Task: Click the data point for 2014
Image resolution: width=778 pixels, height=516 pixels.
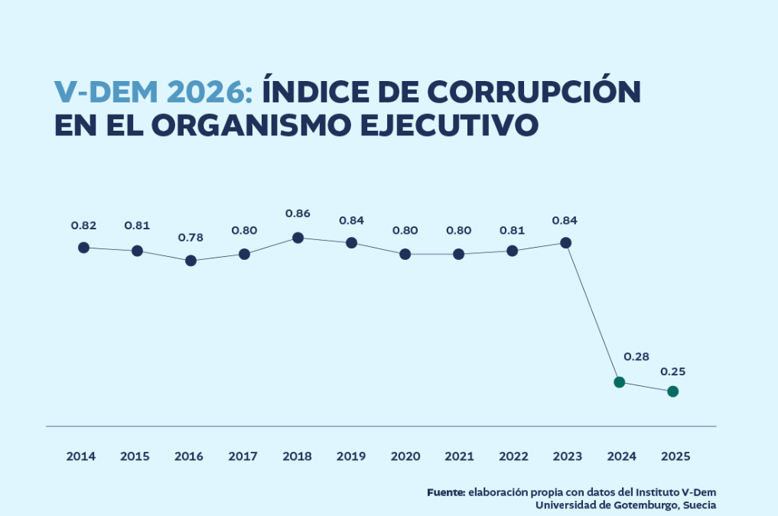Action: (x=83, y=248)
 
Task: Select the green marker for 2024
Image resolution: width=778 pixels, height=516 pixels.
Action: (x=620, y=382)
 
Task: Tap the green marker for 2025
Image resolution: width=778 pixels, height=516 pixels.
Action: (x=672, y=391)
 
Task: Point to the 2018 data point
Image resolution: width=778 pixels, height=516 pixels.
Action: (x=298, y=238)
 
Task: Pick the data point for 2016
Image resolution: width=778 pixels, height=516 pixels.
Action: (x=190, y=261)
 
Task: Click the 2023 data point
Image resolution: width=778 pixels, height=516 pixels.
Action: (x=565, y=243)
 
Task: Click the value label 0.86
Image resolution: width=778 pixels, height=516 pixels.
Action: (x=298, y=214)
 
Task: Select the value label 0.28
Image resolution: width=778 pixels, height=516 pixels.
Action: (x=636, y=357)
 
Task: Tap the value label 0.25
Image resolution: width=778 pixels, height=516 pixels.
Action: (x=672, y=372)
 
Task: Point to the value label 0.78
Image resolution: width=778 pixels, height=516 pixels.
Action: (x=190, y=238)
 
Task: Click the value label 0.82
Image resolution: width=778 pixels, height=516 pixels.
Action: (x=83, y=226)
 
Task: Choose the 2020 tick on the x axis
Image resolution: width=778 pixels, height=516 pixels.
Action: (x=405, y=456)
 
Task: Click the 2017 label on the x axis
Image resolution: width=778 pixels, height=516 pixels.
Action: (x=243, y=456)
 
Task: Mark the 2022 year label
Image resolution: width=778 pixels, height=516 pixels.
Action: (x=513, y=456)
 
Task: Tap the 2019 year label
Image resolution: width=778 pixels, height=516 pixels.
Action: (x=351, y=456)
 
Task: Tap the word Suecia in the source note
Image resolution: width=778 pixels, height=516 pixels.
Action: (x=699, y=505)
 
